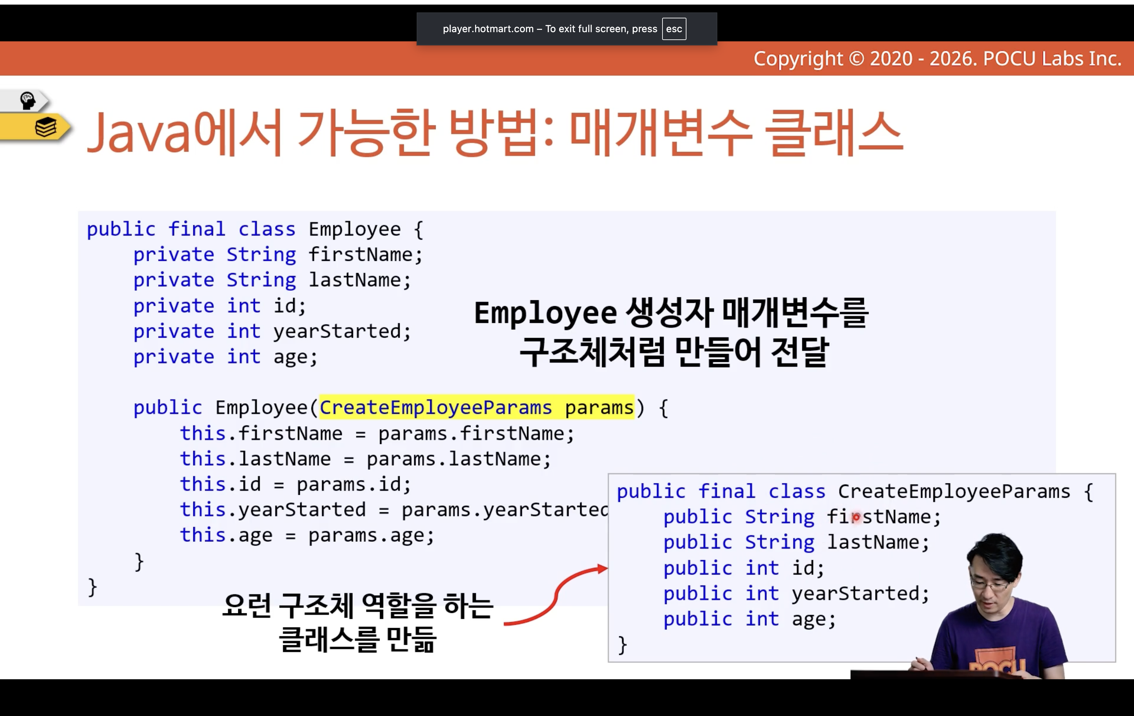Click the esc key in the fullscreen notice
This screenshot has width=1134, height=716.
point(674,29)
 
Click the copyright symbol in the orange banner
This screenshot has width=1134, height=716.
point(857,59)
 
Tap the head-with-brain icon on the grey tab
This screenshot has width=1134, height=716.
point(27,100)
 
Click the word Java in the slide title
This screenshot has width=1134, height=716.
point(140,133)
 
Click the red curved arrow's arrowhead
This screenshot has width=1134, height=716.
point(602,569)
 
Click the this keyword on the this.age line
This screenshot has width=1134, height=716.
point(203,535)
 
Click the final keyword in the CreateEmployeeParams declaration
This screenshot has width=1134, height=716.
point(727,491)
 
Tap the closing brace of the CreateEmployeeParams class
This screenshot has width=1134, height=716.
point(622,645)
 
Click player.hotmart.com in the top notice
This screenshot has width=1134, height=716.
point(488,29)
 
